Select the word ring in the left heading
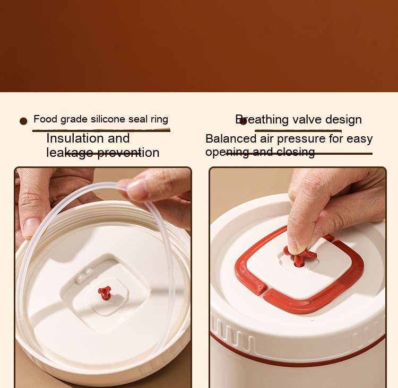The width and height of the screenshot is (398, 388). tap(159, 119)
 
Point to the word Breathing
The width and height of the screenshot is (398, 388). tap(262, 119)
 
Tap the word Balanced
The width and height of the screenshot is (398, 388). tap(231, 139)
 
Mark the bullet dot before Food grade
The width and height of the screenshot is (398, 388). tap(23, 121)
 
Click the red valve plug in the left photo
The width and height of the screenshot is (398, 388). tap(105, 293)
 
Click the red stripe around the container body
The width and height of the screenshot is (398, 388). tap(297, 352)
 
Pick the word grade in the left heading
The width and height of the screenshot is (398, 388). tap(74, 119)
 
